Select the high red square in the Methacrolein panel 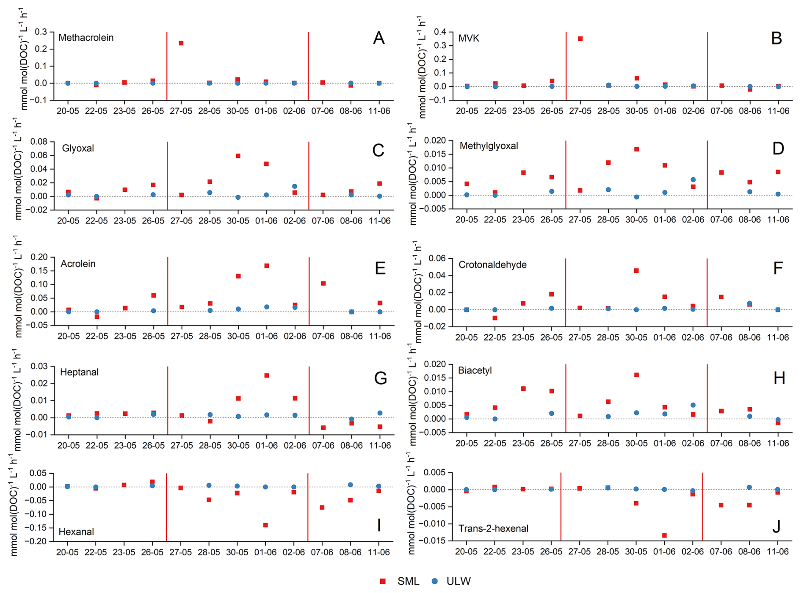pos(181,43)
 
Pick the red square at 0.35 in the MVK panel pos(580,39)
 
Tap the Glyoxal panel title pos(78,148)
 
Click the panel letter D pos(778,149)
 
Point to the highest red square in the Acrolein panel pos(267,266)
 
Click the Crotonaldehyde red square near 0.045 pos(636,270)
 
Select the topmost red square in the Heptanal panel pos(267,375)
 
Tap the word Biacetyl pos(475,370)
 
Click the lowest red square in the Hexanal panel pos(265,525)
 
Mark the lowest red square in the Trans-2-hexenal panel pos(664,535)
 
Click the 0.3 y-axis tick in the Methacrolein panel pos(41,32)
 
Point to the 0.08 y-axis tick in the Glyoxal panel pos(39,141)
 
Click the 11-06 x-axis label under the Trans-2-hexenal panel pos(777,552)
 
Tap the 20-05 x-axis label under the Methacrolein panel pos(68,111)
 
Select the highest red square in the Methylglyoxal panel pos(636,149)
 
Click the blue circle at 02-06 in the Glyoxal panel pos(295,186)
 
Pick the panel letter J pos(776,526)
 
